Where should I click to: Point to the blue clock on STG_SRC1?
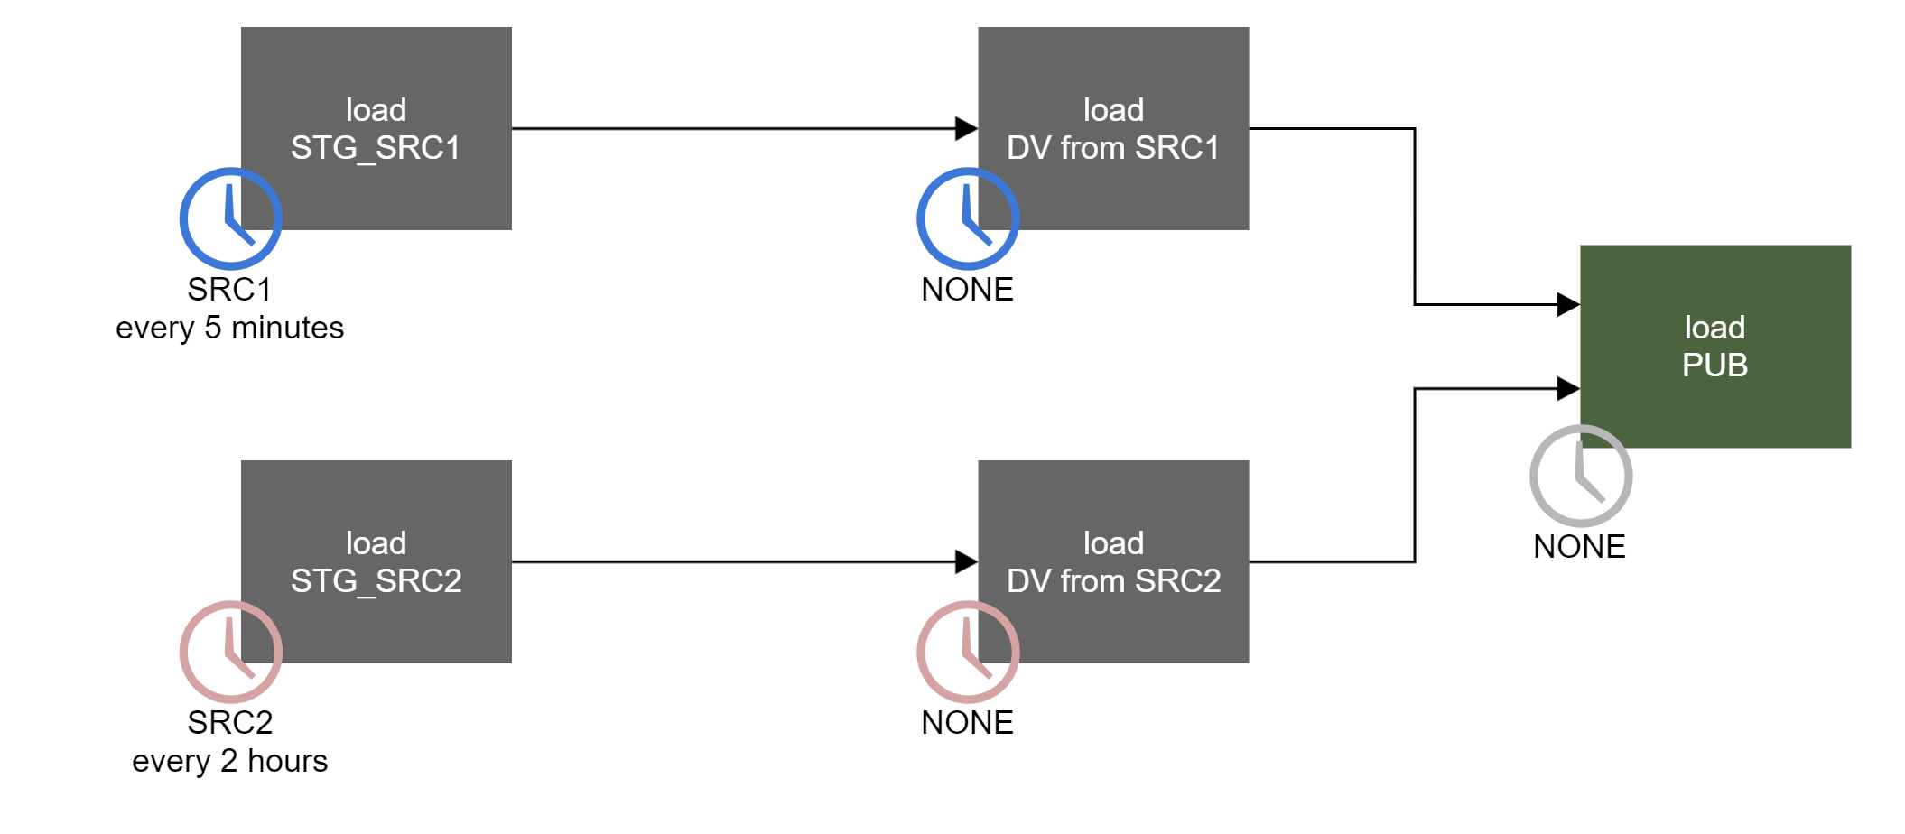point(231,218)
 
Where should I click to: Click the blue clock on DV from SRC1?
point(968,218)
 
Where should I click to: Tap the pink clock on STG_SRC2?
point(231,652)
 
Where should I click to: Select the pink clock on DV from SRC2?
point(968,652)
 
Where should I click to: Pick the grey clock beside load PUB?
point(1581,476)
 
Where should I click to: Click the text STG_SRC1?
point(376,148)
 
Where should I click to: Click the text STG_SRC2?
point(376,581)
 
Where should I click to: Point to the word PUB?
point(1714,366)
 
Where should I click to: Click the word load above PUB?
point(1714,328)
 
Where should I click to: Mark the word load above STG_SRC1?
point(376,110)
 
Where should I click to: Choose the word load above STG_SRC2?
point(376,543)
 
